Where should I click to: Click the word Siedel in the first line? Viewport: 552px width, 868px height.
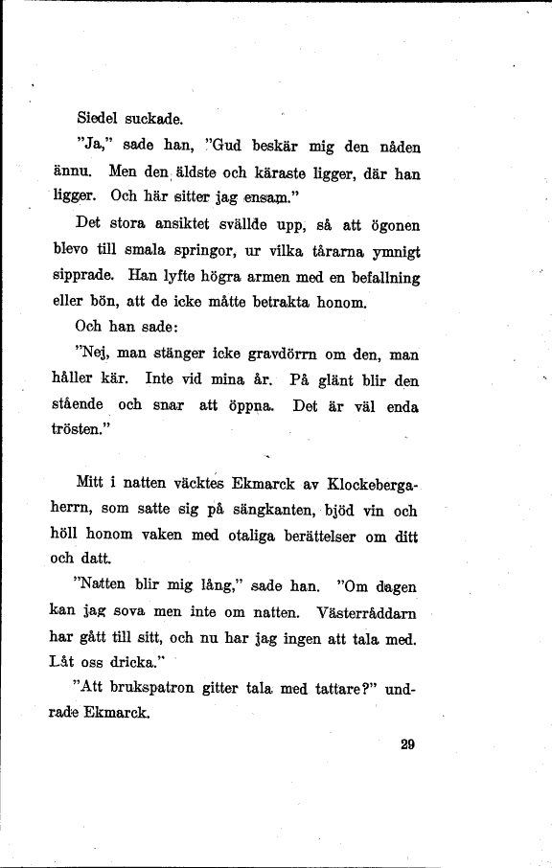(x=98, y=119)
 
